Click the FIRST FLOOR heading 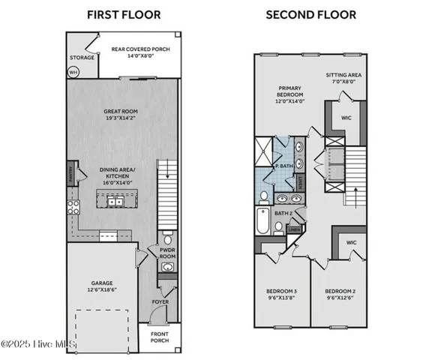123,14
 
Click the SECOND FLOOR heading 310,14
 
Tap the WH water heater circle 73,72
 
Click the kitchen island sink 116,201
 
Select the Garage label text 101,283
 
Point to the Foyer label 160,301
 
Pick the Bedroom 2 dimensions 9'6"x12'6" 340,298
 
